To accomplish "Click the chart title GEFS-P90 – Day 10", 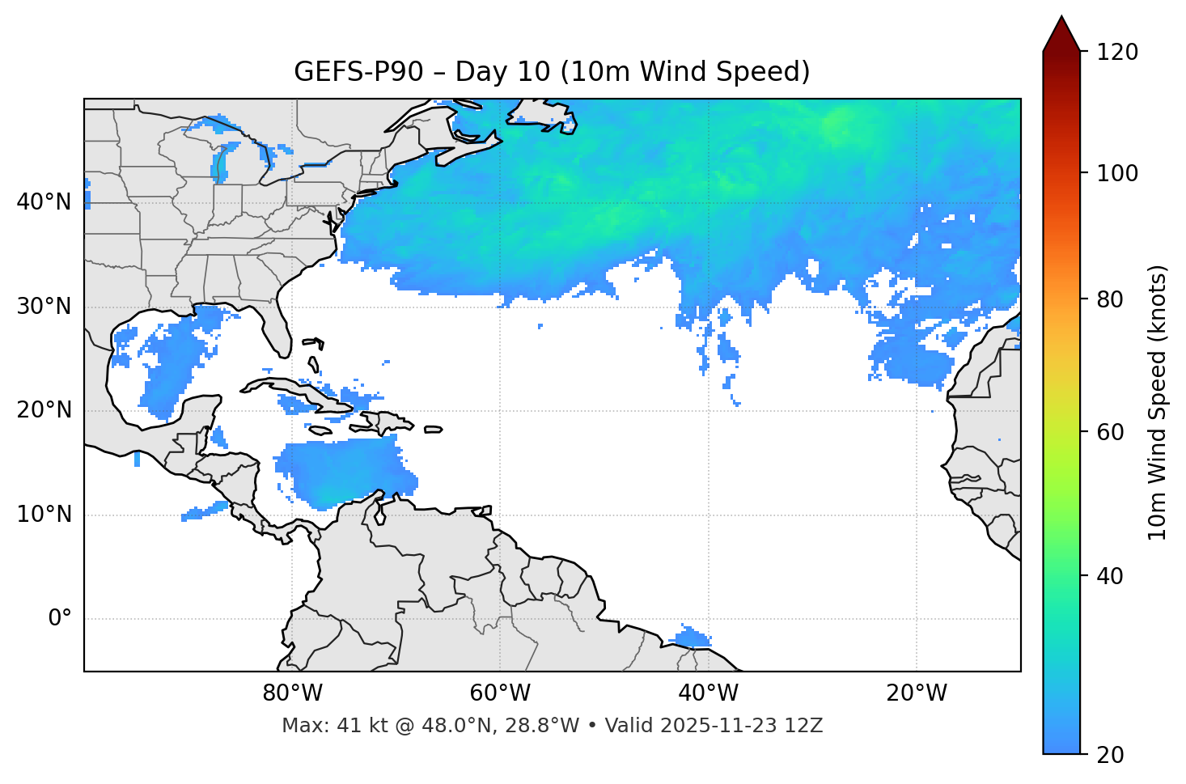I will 552,72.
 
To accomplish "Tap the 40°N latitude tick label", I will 44,201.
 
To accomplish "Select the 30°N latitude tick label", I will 44,307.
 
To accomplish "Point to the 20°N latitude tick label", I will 44,410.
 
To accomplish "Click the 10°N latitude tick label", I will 44,515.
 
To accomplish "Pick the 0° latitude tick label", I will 59,619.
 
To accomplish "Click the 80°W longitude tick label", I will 292,693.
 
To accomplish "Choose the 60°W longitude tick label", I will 500,693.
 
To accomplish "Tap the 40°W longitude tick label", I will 708,693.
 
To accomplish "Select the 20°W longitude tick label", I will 916,693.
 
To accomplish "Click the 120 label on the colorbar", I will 1117,53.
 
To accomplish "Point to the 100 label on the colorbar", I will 1117,173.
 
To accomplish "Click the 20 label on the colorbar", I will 1111,754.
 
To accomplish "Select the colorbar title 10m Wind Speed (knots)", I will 1158,402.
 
